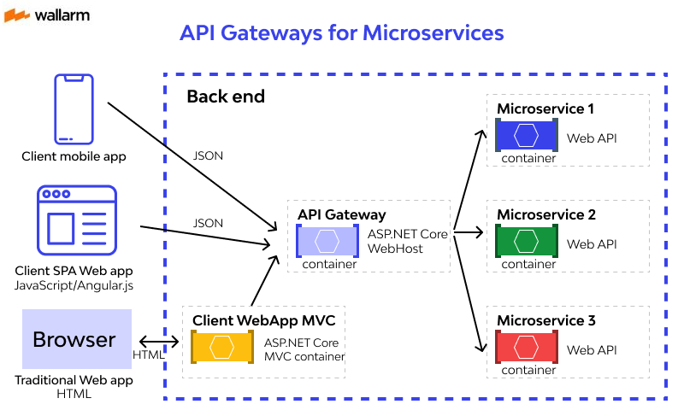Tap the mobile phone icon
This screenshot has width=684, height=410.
tap(74, 108)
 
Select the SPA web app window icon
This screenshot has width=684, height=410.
tap(75, 220)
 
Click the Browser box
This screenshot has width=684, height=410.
tap(74, 339)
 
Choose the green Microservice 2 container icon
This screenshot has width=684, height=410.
tap(526, 242)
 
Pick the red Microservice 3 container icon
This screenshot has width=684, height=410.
tap(526, 348)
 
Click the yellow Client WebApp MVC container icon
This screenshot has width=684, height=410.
tap(222, 348)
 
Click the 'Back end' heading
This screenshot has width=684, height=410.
tap(226, 97)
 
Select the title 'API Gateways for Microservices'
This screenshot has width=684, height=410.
tap(341, 33)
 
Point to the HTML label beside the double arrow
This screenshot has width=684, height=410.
tap(148, 354)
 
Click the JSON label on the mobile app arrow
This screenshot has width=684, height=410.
tap(208, 156)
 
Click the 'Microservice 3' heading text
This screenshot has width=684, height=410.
tap(545, 321)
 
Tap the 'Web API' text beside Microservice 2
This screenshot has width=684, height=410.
tap(592, 244)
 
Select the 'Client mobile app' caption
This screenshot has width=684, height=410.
tap(74, 156)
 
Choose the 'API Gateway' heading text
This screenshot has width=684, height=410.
tap(342, 215)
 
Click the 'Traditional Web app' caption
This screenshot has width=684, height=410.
tap(74, 380)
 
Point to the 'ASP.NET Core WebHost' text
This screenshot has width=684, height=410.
tap(408, 241)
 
